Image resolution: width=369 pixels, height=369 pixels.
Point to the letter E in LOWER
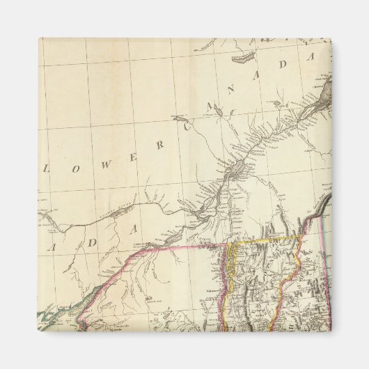tap(137, 156)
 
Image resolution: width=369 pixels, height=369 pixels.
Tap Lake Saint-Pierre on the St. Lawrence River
tap(237, 169)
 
